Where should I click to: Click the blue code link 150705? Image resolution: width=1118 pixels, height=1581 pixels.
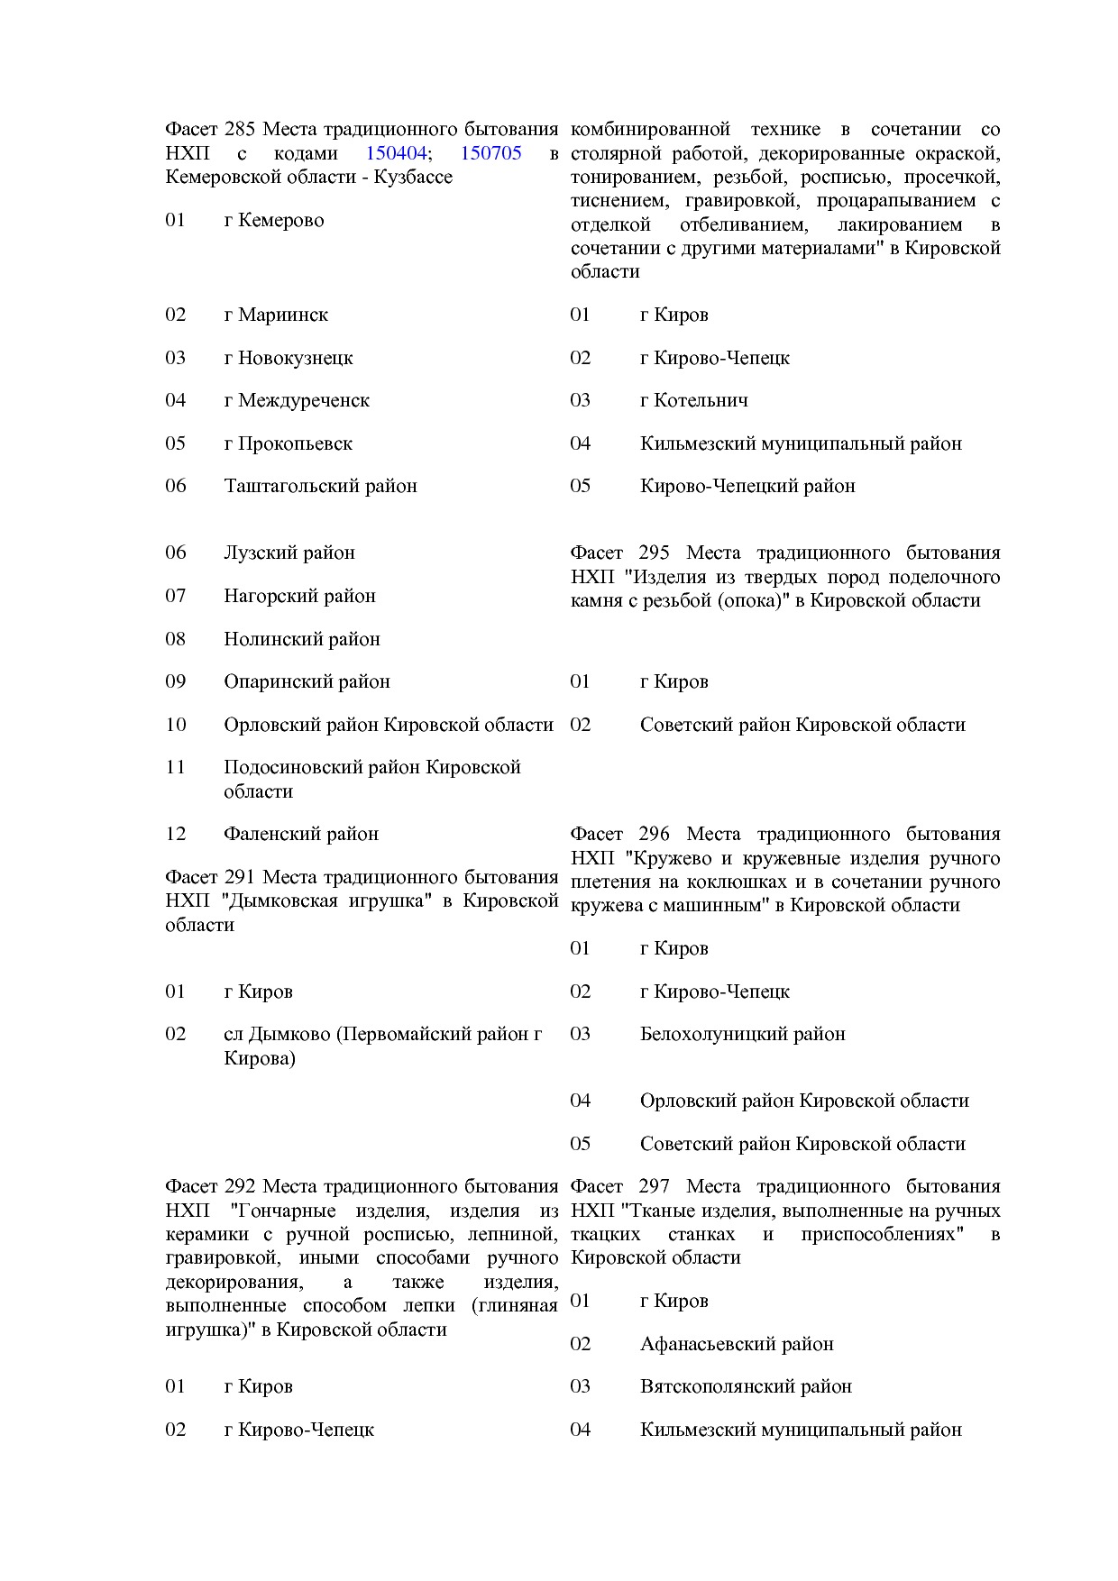click(490, 153)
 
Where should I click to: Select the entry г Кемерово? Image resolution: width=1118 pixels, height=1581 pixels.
click(274, 221)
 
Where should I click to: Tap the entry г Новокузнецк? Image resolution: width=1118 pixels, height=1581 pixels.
click(289, 359)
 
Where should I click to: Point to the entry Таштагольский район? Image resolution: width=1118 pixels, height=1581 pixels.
click(320, 487)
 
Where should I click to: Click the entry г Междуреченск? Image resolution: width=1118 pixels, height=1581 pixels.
click(297, 401)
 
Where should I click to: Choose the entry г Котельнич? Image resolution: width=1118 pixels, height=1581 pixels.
click(693, 401)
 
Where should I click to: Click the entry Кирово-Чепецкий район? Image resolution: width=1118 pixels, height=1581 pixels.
click(747, 487)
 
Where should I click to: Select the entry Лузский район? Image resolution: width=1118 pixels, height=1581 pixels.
click(289, 553)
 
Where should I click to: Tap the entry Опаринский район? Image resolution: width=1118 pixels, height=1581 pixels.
click(307, 682)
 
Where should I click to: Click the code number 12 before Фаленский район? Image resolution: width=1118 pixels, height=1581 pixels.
click(176, 835)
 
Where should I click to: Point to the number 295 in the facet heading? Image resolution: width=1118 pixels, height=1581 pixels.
click(654, 553)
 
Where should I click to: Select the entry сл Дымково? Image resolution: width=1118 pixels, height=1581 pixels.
click(382, 1035)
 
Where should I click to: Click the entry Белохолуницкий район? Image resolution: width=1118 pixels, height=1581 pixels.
click(742, 1035)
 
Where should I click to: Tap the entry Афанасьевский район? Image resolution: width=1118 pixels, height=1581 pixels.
click(737, 1345)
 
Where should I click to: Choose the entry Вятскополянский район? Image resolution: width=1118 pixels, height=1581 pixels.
click(746, 1387)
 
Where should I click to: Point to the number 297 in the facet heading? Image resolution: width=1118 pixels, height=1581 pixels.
click(654, 1187)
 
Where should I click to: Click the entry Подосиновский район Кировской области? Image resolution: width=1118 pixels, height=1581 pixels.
click(372, 768)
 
